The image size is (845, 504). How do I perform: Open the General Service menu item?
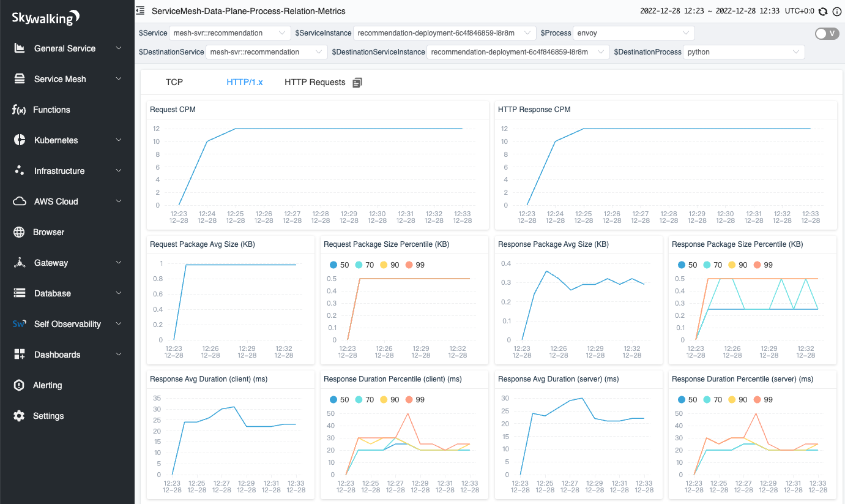click(65, 48)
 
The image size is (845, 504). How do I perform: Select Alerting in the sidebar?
click(47, 385)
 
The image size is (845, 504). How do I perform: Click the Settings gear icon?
click(20, 416)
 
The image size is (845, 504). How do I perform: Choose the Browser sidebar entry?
click(48, 232)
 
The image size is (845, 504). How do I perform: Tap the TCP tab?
click(174, 82)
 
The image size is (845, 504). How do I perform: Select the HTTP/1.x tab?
click(245, 82)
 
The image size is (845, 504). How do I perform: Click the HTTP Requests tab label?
click(315, 82)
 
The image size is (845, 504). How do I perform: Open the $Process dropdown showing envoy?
click(634, 33)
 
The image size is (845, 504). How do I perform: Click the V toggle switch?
click(827, 34)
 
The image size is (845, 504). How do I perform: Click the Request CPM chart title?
click(173, 110)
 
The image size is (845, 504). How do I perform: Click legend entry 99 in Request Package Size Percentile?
click(414, 265)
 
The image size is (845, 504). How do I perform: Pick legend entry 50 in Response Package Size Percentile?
click(687, 265)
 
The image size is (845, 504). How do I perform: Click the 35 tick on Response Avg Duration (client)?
click(157, 398)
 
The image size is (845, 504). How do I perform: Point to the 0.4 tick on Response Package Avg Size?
click(505, 263)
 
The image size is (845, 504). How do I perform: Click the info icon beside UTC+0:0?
click(836, 11)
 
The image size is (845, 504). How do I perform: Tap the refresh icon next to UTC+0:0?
click(823, 11)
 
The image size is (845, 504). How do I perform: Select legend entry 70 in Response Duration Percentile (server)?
click(712, 400)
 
